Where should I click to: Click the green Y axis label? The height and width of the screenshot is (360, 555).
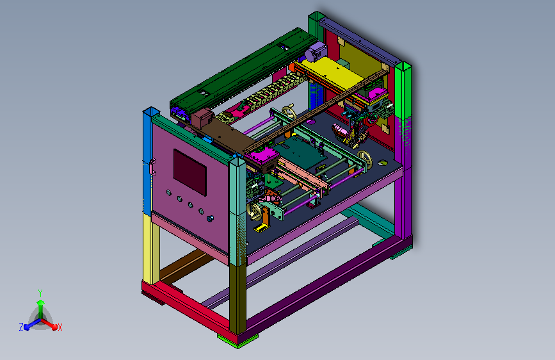(40, 293)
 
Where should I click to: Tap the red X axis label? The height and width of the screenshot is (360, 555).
(60, 327)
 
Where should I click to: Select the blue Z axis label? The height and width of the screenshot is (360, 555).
(21, 327)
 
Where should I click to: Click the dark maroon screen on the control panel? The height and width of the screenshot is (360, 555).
(189, 172)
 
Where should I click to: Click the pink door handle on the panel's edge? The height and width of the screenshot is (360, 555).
(152, 167)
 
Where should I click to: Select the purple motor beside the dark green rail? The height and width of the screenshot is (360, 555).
(316, 52)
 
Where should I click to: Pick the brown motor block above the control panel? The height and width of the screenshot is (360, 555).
(202, 118)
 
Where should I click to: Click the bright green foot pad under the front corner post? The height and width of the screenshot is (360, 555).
(237, 340)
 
